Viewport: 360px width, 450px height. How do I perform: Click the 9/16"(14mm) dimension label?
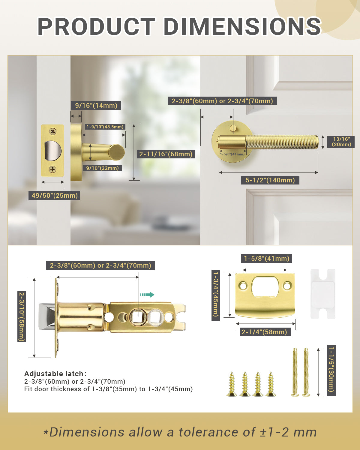point(96,105)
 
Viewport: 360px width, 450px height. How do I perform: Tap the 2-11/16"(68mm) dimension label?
point(166,154)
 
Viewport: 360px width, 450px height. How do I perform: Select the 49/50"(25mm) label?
point(55,196)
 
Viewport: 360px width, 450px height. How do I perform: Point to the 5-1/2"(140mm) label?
point(270,180)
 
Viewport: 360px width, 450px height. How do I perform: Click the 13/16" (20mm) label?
point(341,142)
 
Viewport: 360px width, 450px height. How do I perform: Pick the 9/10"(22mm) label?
point(102,168)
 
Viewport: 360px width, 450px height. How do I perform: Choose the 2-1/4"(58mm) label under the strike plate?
point(264,332)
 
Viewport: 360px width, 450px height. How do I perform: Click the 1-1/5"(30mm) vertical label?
point(331,370)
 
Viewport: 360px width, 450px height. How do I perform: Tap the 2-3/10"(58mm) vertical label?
point(22,316)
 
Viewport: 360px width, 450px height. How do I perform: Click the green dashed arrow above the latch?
point(147,295)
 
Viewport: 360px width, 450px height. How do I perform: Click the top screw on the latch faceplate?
point(53,131)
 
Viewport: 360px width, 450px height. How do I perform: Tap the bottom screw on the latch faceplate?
point(52,169)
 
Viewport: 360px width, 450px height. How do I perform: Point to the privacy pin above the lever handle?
point(232,128)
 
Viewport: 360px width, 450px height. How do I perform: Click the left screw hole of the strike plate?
point(243,286)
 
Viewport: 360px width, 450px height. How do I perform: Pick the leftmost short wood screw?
point(232,385)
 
